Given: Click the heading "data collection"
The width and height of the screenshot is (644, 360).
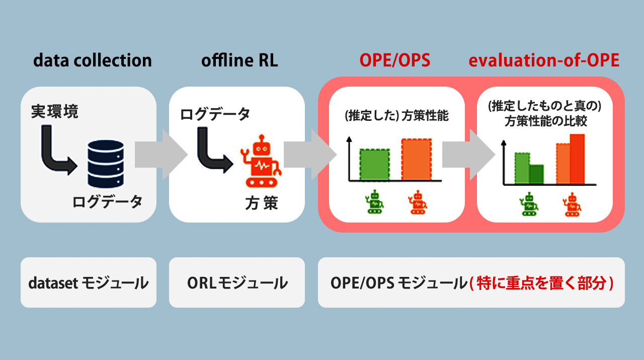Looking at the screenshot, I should [x=93, y=61].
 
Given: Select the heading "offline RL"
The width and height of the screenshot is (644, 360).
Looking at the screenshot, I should [x=239, y=61].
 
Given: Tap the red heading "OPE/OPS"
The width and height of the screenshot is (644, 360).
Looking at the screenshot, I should [x=395, y=61].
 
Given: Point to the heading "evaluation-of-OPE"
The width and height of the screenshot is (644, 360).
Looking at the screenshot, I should [x=544, y=61].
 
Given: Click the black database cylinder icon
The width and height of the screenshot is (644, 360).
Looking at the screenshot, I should [x=105, y=163].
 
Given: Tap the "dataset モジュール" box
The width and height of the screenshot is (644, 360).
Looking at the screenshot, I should [x=89, y=282].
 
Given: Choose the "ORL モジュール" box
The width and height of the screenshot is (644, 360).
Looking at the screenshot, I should [x=237, y=282].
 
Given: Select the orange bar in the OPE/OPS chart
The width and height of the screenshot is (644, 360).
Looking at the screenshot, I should [x=416, y=159].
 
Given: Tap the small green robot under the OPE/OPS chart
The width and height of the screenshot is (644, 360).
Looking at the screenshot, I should [x=374, y=201].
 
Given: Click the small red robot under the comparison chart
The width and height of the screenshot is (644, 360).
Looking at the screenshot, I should [x=570, y=205].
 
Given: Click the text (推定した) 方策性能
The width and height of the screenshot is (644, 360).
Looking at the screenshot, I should [x=396, y=116].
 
